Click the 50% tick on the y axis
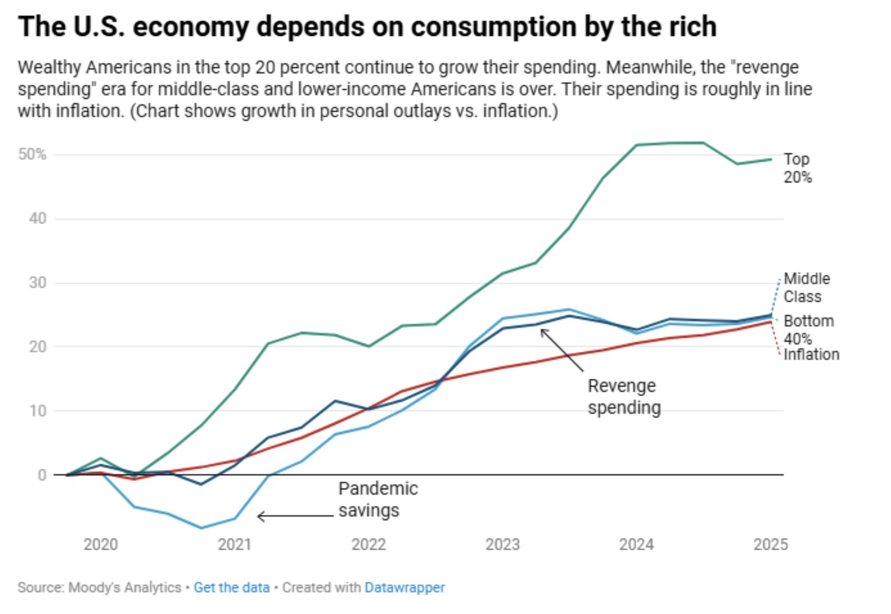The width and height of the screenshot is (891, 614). [32, 155]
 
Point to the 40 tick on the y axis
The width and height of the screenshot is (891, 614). [38, 218]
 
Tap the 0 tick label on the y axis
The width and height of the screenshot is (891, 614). [42, 475]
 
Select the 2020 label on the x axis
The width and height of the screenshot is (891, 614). [101, 545]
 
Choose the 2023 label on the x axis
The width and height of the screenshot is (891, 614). [502, 545]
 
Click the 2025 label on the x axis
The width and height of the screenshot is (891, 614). [770, 545]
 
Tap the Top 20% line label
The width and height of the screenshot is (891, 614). [798, 168]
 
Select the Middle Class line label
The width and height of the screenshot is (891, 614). [806, 288]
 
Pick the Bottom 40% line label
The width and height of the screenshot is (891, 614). [808, 329]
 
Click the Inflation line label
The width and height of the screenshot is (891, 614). [811, 355]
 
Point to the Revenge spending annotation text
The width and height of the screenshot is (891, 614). [624, 397]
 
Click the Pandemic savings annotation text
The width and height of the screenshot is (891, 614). [378, 499]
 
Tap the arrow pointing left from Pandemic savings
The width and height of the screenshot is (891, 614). [295, 516]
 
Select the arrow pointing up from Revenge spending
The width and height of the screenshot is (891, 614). [562, 350]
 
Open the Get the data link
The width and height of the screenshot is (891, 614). [231, 587]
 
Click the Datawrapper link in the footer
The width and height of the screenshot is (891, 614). [404, 587]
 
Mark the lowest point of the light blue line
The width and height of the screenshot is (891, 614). [201, 528]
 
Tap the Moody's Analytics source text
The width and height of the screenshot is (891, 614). [124, 587]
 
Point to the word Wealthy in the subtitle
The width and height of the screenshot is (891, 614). [50, 67]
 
